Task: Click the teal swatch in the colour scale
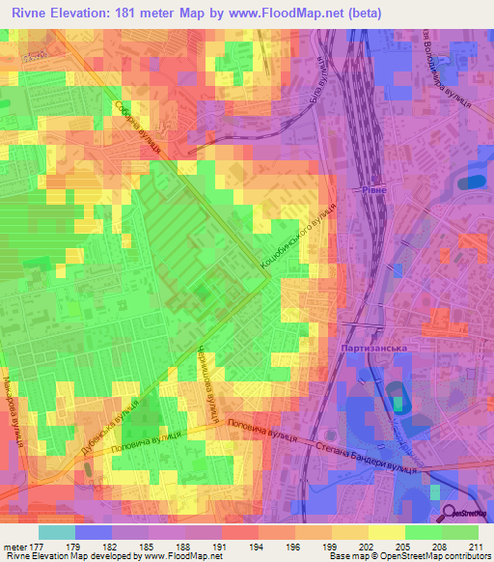pos(57,532)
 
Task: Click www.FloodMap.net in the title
pos(293,14)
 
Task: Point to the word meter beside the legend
pos(14,546)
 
